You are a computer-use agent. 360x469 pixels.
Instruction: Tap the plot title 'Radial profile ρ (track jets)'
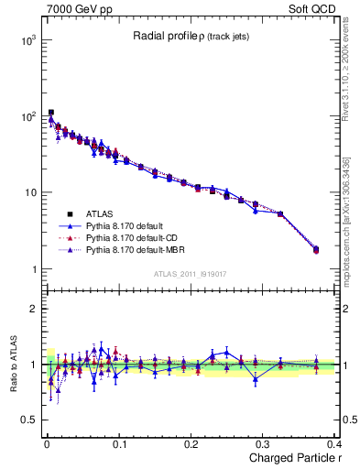pos(191,37)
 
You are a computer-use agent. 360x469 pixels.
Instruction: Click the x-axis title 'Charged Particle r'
pos(290,457)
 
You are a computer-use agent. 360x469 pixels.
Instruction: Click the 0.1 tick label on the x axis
pos(119,442)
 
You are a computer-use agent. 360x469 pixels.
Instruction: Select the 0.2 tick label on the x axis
pos(191,442)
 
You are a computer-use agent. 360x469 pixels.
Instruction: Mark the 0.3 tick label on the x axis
pos(264,442)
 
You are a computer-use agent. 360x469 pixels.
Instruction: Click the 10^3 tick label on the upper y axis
pos(29,40)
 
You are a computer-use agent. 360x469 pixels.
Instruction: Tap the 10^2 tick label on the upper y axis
pos(29,116)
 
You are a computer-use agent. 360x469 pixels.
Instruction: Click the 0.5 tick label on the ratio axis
pos(28,420)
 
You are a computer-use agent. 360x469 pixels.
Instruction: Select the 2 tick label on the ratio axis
pos(34,309)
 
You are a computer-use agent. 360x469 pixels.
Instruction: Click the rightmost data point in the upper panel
pos(316,249)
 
